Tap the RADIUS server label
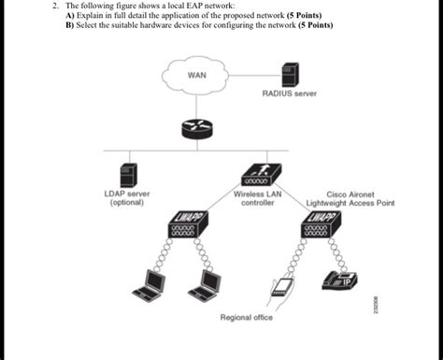point(290,94)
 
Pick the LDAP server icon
point(127,174)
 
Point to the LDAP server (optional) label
point(126,197)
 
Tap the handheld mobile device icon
point(279,290)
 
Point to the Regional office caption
point(246,318)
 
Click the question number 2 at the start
point(56,6)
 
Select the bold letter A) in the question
point(69,16)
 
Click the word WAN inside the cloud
point(196,74)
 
